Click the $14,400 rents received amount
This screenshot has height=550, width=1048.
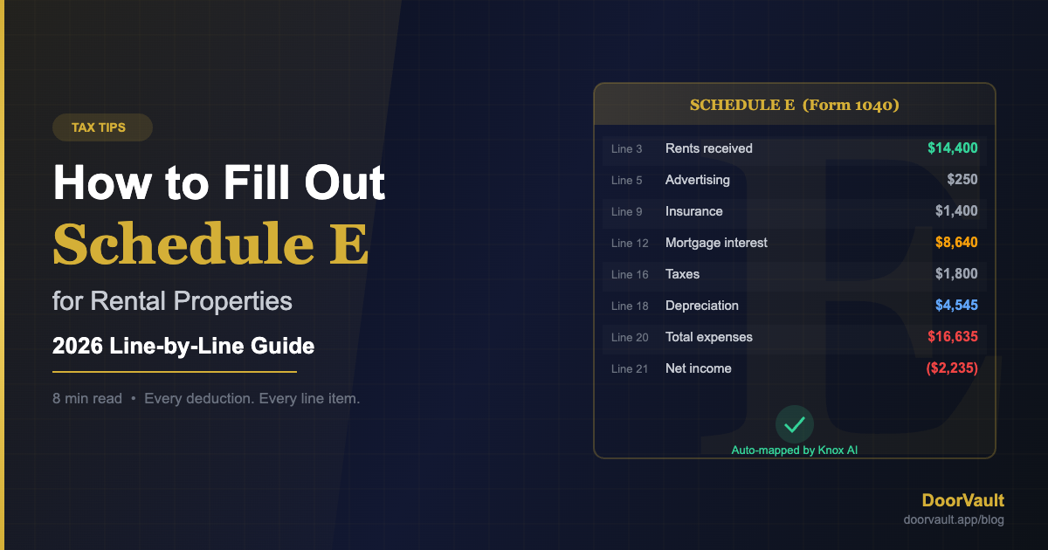(x=952, y=148)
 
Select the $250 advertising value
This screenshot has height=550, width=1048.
(x=962, y=180)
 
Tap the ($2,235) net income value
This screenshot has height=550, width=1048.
(x=951, y=368)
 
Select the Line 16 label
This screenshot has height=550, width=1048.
(x=630, y=274)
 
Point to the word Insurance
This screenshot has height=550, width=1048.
(x=693, y=211)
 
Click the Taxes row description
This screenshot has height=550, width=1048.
(x=682, y=274)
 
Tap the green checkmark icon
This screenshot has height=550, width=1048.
(x=795, y=425)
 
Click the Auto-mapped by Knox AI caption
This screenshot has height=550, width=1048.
(x=795, y=450)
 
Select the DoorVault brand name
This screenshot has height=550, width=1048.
(x=962, y=500)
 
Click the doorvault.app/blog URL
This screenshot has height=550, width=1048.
(x=953, y=519)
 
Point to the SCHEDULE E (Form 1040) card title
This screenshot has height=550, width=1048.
(x=795, y=105)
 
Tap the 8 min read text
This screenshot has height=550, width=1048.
(x=87, y=399)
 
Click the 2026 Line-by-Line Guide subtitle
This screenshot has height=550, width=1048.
(x=183, y=346)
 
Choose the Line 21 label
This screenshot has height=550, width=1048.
(x=630, y=368)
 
